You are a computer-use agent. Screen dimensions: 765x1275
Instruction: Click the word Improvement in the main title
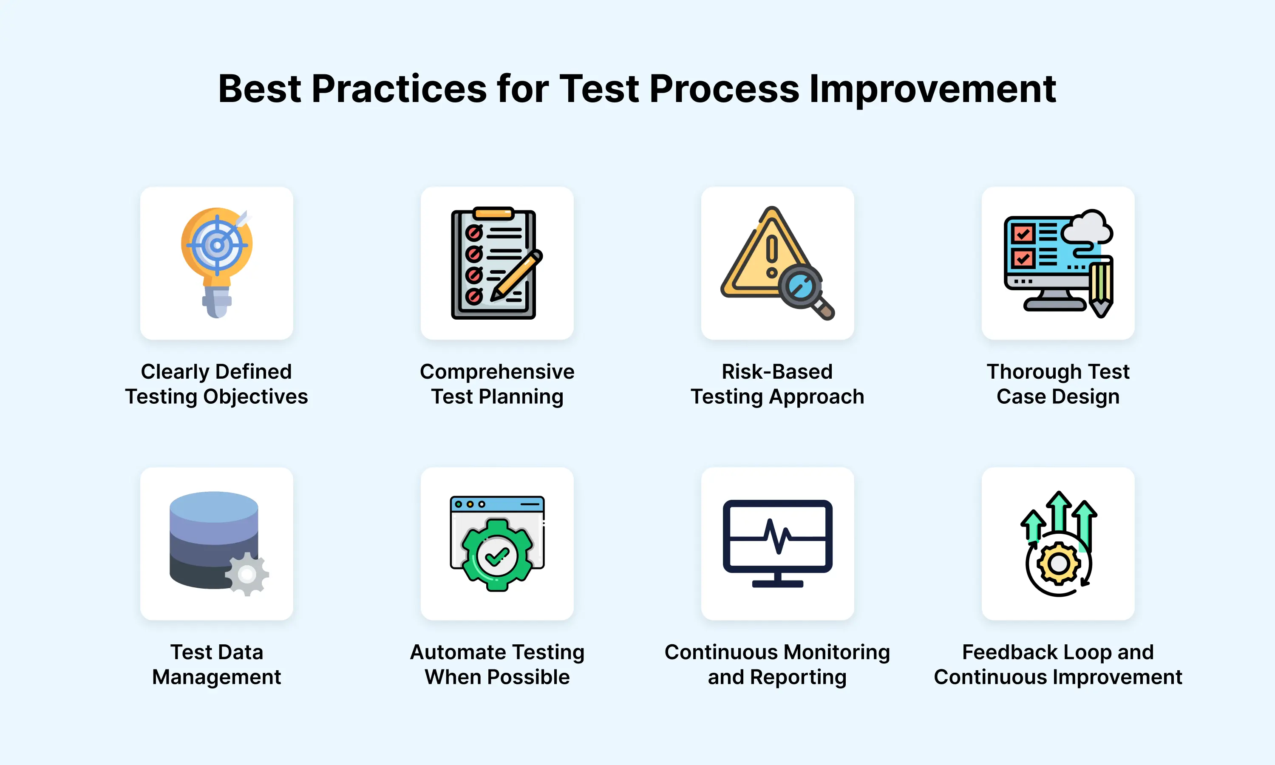click(x=932, y=89)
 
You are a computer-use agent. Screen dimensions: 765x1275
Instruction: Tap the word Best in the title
click(x=259, y=89)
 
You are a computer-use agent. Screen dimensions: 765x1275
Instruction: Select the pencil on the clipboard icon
click(x=516, y=275)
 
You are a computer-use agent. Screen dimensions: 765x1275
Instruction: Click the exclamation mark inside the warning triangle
click(x=771, y=256)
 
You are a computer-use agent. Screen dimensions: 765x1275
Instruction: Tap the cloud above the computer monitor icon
click(x=1086, y=227)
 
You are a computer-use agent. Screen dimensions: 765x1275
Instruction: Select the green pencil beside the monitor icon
click(x=1100, y=287)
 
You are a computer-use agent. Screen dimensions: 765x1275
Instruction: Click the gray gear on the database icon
click(x=247, y=574)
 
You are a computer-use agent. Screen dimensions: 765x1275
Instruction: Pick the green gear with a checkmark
click(x=497, y=555)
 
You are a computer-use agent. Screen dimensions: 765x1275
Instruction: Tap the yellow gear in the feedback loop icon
click(x=1059, y=564)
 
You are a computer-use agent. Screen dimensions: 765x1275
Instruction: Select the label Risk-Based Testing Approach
click(x=777, y=384)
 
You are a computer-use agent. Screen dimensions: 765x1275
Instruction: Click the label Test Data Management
click(x=216, y=664)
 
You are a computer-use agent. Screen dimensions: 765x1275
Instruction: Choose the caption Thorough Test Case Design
click(x=1058, y=384)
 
